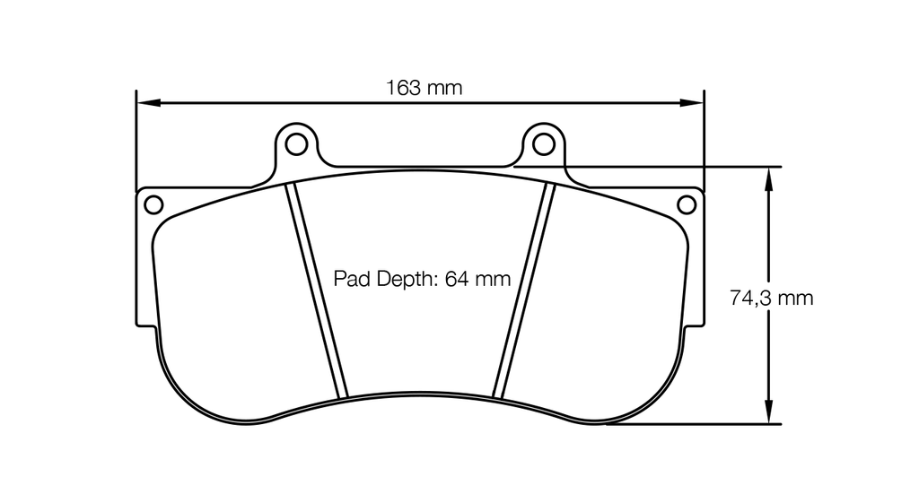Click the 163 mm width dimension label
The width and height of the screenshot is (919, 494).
(424, 88)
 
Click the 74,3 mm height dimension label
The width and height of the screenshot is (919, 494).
(771, 298)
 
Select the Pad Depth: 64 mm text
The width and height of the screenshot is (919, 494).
(422, 279)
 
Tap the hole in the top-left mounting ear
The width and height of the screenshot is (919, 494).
(293, 143)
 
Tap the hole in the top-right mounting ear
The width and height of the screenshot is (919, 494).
(543, 143)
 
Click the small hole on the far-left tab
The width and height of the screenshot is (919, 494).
(153, 204)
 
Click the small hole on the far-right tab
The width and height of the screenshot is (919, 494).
(686, 204)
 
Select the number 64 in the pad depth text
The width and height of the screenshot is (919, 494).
(457, 279)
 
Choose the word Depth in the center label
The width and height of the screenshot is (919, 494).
(403, 279)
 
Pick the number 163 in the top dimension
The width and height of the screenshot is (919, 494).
(404, 88)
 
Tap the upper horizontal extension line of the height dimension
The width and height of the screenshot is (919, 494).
(646, 166)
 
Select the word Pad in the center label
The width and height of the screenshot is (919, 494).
(350, 279)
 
